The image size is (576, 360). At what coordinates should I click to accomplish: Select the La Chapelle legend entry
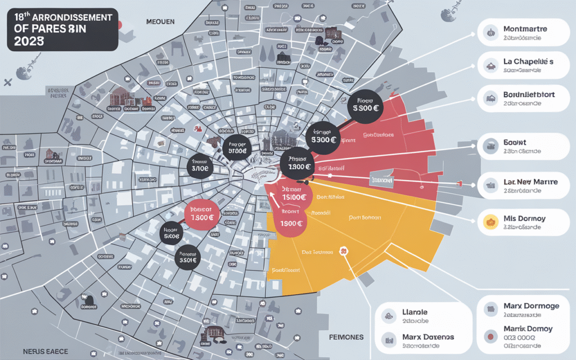click(528, 61)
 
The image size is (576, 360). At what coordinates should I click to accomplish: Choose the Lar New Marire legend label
click(529, 183)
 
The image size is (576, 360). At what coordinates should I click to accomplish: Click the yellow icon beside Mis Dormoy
click(488, 223)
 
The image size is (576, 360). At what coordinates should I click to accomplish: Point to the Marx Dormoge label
click(531, 306)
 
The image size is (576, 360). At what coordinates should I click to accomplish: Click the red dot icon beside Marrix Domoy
click(491, 336)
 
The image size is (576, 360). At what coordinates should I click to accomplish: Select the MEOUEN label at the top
click(160, 22)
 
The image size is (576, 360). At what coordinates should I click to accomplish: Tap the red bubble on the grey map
click(201, 215)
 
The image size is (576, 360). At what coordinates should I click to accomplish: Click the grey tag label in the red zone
click(381, 181)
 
